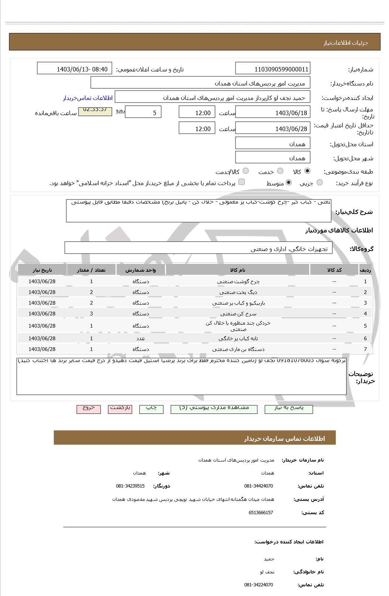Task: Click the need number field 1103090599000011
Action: [x=273, y=69]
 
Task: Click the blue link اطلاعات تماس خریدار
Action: [x=88, y=98]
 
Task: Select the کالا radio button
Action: [x=307, y=171]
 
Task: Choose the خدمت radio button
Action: [x=280, y=171]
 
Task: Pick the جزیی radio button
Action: [x=320, y=183]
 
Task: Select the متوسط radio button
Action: [x=289, y=183]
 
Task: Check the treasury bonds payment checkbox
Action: [x=241, y=182]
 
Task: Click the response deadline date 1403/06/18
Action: [x=273, y=113]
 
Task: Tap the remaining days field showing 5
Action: [x=143, y=113]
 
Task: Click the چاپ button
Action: [x=151, y=408]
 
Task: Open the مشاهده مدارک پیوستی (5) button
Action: [x=214, y=408]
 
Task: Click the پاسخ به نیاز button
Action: [x=288, y=408]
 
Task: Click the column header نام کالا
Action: [x=237, y=270]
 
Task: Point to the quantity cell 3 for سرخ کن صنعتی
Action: [x=91, y=314]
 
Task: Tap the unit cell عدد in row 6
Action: [x=141, y=338]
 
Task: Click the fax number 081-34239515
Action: [x=130, y=486]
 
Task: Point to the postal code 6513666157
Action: [x=261, y=512]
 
